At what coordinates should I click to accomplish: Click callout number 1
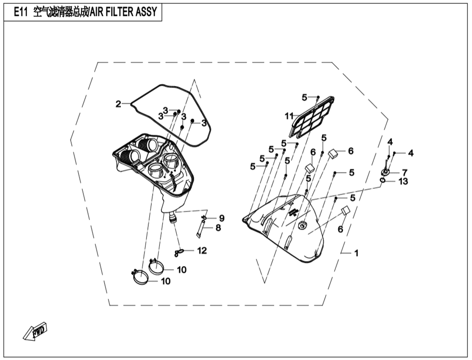pos(356,253)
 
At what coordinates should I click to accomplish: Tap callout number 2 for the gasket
pos(118,104)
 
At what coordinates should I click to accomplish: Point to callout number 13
pos(403,182)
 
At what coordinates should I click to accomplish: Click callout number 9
pos(222,218)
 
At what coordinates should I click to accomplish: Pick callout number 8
pos(218,227)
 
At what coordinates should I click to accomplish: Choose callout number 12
pos(202,251)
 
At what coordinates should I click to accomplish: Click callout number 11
pos(289,116)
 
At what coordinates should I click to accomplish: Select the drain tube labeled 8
pos(199,230)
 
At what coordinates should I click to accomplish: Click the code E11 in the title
pos(21,12)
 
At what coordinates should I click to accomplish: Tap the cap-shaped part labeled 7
pos(385,172)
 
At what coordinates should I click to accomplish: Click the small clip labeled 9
pos(204,218)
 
